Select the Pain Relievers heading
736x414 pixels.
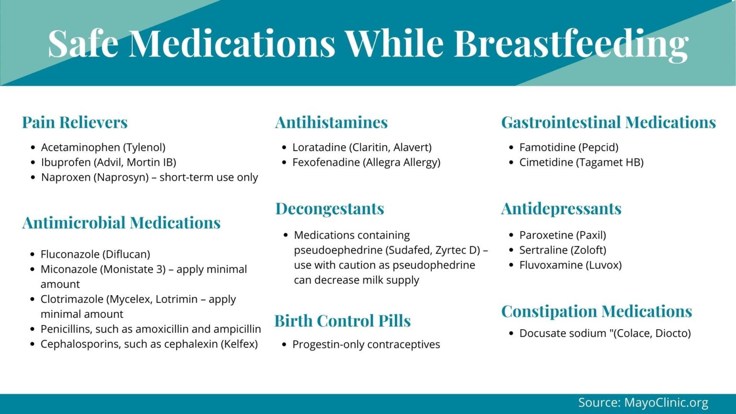click(75, 122)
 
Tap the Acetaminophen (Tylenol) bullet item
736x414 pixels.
click(103, 147)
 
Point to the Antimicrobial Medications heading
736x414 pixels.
click(121, 223)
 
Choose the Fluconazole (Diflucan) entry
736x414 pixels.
click(95, 254)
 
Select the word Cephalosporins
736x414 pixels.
click(76, 344)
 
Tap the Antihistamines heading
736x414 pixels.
click(331, 122)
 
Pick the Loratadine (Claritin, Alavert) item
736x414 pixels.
click(362, 147)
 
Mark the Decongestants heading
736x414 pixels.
click(330, 208)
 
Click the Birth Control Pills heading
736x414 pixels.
click(343, 321)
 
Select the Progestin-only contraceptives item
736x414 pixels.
click(366, 344)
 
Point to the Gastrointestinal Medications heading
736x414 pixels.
click(609, 122)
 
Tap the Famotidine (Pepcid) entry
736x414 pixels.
click(569, 147)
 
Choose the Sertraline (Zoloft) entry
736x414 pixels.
click(563, 250)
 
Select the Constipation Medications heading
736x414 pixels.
click(597, 311)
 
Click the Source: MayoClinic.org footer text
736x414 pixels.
click(643, 402)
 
